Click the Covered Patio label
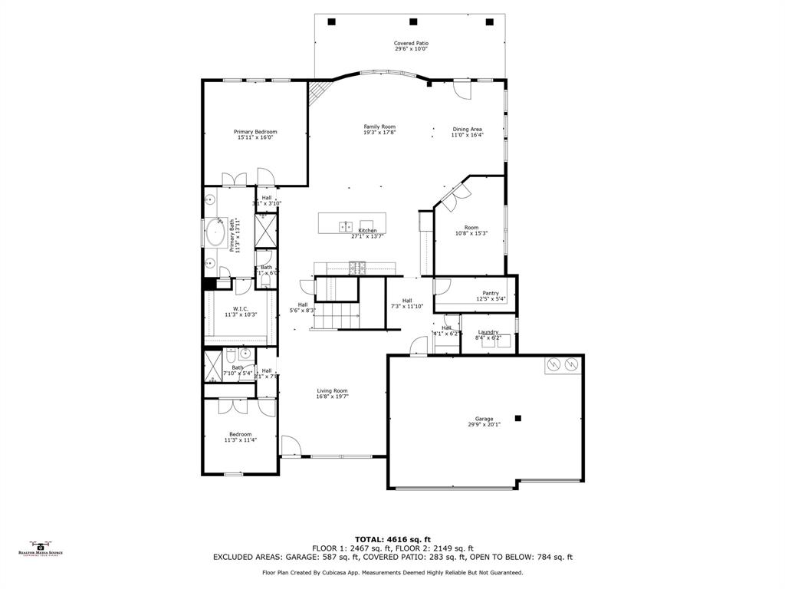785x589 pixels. tap(411, 44)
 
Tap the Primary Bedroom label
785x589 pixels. tap(255, 132)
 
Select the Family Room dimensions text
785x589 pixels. tap(379, 133)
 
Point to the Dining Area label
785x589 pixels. tap(467, 130)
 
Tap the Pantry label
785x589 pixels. tap(491, 293)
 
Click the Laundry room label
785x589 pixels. tap(488, 332)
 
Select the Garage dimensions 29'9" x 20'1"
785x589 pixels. tap(484, 424)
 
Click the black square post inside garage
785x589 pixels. tap(518, 418)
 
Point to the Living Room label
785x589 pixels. tap(332, 391)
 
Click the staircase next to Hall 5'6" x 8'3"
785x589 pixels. tap(337, 314)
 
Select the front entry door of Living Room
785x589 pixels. tap(291, 447)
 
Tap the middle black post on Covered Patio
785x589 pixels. tap(413, 21)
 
